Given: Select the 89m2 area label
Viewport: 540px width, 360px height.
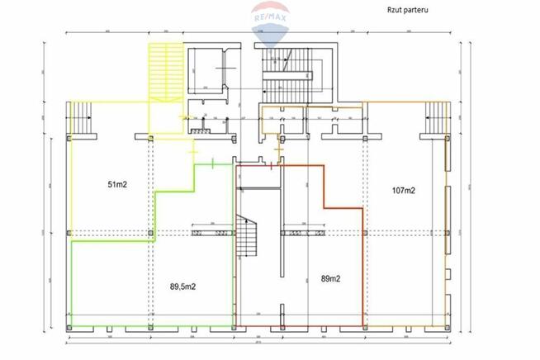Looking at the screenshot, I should point(330,279).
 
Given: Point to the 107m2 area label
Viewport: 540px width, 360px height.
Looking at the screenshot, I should point(402,190).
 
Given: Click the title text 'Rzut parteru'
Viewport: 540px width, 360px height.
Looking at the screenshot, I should point(405,11).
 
